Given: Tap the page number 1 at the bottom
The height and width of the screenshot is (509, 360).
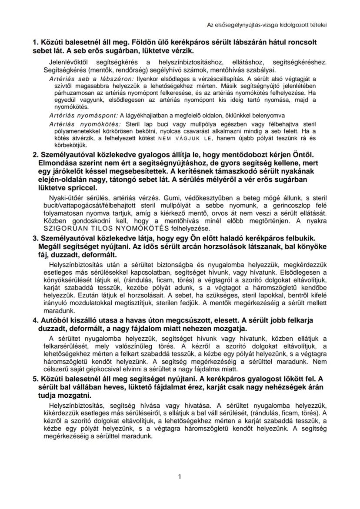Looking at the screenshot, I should tap(180, 476).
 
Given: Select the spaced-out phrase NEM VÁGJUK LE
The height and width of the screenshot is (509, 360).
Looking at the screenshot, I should tap(178, 139).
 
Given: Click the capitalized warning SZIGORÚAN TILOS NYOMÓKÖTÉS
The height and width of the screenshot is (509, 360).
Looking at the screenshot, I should tap(107, 228).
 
